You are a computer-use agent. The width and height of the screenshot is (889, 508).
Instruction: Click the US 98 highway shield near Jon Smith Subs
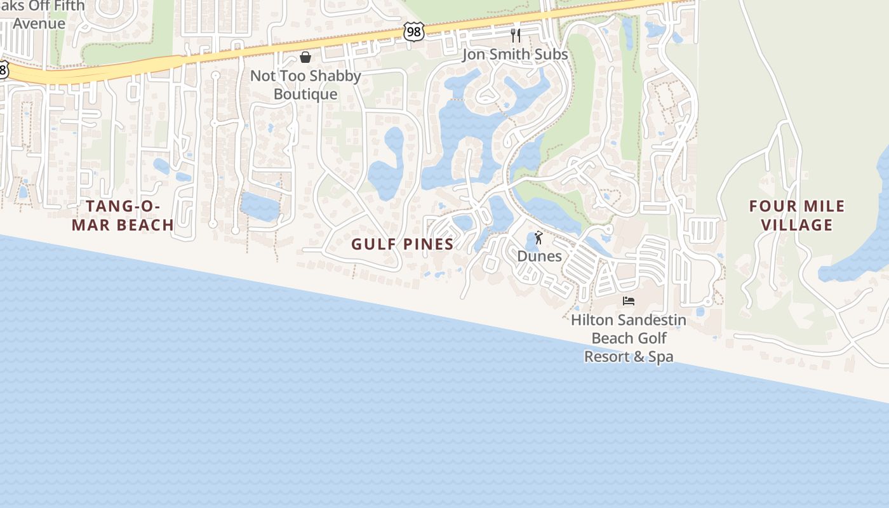tap(413, 32)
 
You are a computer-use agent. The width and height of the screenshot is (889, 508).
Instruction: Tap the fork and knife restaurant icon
tap(516, 36)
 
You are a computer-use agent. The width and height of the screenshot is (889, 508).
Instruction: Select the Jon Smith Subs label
tap(515, 55)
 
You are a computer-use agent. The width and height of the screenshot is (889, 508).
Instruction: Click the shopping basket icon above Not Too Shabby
tap(305, 58)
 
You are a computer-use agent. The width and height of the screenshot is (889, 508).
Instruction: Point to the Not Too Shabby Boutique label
tap(305, 85)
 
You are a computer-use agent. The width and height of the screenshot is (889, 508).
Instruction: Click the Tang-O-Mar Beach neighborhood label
tap(123, 215)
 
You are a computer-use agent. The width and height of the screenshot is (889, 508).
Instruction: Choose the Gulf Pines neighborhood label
tap(403, 244)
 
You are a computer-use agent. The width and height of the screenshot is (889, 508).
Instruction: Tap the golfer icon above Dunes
tap(539, 238)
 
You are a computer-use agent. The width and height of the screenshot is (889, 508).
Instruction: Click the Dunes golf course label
tap(540, 257)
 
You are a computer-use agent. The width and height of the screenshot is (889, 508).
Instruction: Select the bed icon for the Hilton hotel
tap(629, 301)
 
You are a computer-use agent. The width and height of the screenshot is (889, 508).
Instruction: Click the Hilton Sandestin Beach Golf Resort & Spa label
tap(629, 338)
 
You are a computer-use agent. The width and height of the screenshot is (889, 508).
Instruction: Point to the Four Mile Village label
tap(797, 215)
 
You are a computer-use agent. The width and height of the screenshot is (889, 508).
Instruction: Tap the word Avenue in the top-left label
tap(39, 24)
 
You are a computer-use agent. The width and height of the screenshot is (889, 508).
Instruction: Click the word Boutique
tap(305, 95)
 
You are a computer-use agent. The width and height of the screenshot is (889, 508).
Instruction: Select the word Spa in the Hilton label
tap(660, 357)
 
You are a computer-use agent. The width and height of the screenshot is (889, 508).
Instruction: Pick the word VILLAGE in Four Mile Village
tap(797, 225)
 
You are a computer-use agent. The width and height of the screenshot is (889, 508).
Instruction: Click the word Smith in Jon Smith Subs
tap(515, 55)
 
